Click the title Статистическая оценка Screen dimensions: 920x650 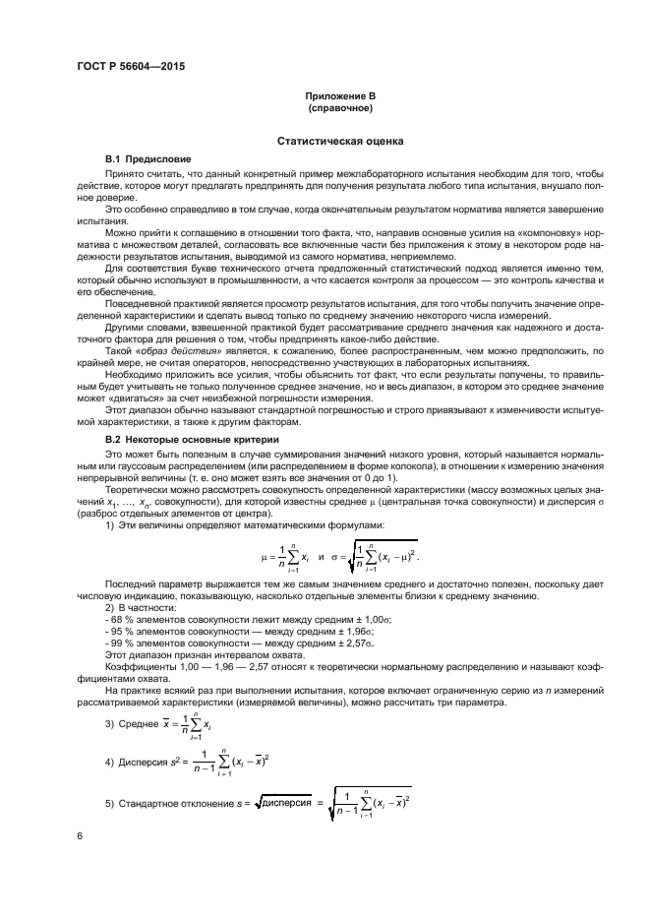point(338,142)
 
